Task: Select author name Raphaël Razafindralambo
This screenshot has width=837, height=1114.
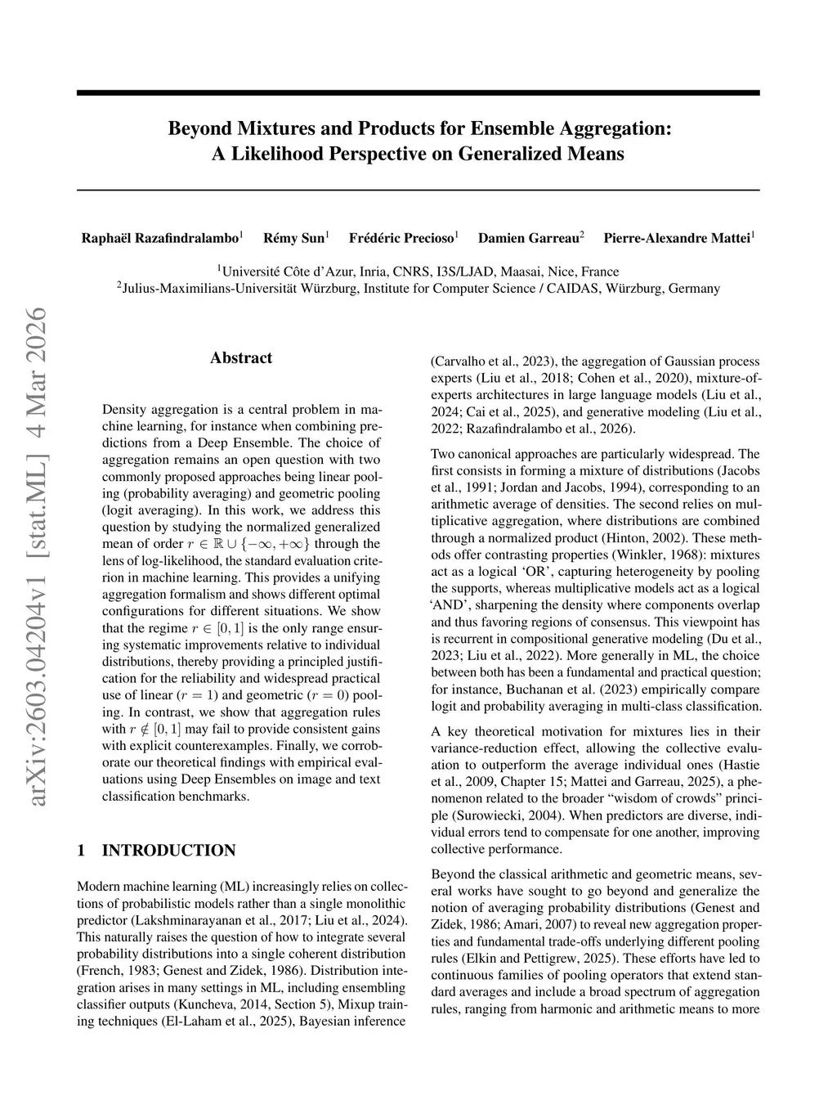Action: (x=159, y=239)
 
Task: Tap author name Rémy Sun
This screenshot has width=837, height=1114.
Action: (x=293, y=239)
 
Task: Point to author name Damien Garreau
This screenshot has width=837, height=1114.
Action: (x=528, y=239)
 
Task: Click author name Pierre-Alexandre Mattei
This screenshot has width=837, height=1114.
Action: (x=676, y=239)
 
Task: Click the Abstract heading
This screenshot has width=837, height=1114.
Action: (x=241, y=357)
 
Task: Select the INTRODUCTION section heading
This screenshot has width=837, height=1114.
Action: (x=168, y=851)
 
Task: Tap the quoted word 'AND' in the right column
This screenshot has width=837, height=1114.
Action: (x=451, y=604)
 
